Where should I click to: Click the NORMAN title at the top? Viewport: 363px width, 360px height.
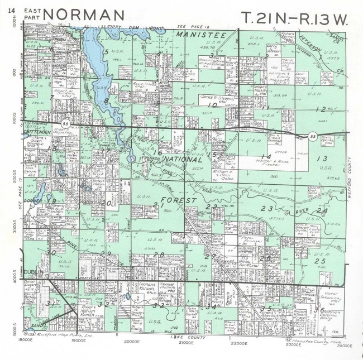pos(84,15)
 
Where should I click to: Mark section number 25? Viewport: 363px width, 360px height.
pos(320,261)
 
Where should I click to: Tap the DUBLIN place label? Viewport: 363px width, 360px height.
pos(32,273)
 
